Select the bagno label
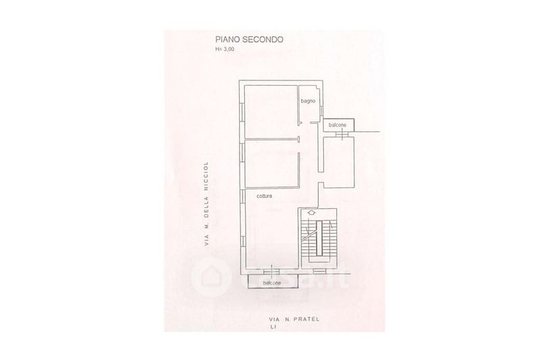308,101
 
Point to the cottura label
265,196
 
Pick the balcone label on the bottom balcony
273,283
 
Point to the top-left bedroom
270,111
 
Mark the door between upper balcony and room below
344,135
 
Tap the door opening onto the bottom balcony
272,273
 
